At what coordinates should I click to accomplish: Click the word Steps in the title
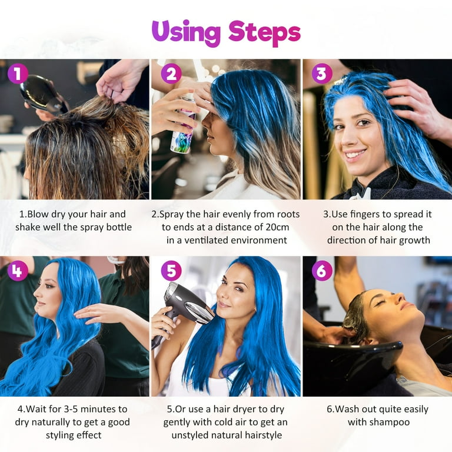[264, 34]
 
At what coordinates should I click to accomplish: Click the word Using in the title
[186, 34]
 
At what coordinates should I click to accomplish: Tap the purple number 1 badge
[18, 74]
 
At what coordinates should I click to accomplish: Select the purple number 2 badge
[171, 74]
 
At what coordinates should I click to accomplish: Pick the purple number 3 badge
[322, 74]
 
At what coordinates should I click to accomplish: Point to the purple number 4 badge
[18, 271]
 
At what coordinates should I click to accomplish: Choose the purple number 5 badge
[171, 271]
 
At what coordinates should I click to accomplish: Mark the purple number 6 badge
[322, 271]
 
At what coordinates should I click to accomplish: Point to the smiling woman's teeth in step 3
[355, 154]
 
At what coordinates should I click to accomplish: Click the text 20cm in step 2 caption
[277, 227]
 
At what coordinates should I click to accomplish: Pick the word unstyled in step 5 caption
[191, 436]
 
